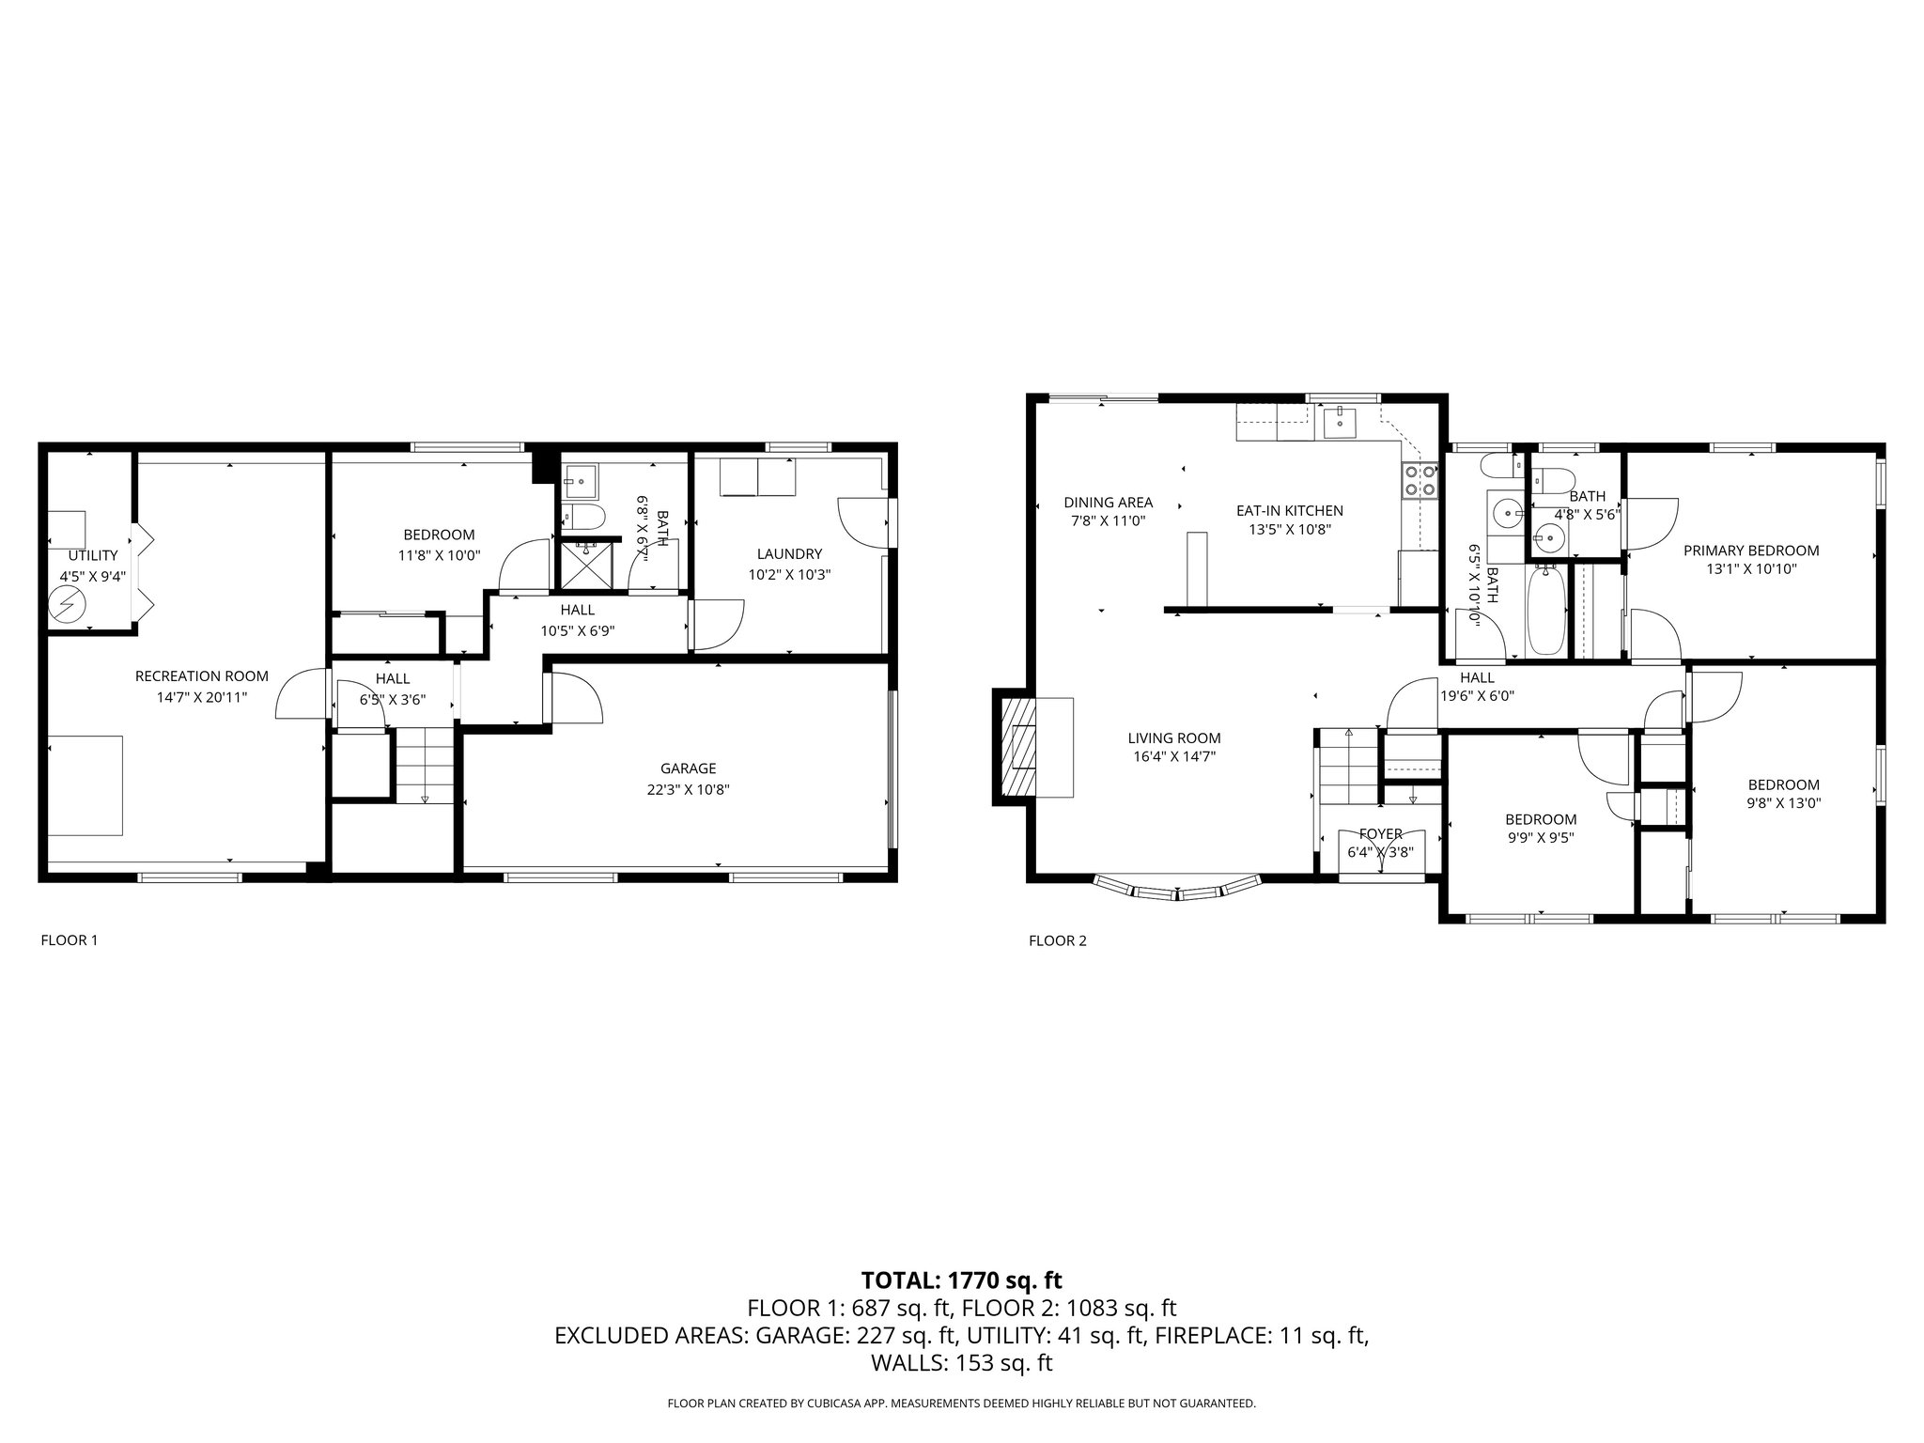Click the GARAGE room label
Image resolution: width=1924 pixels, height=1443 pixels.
click(688, 768)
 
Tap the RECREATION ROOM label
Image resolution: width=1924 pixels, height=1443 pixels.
click(201, 675)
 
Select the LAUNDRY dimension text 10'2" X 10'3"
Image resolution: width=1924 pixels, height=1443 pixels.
click(789, 574)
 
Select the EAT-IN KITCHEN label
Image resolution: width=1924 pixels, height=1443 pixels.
click(1289, 510)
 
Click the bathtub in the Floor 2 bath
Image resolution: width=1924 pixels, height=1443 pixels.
click(1545, 610)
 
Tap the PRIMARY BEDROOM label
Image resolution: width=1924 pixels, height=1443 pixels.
click(1750, 551)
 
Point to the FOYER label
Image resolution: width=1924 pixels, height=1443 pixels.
click(1380, 833)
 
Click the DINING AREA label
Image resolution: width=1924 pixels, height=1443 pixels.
click(1108, 502)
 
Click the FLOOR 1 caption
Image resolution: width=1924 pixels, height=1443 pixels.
click(69, 939)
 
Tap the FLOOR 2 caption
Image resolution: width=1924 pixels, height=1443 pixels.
click(1057, 940)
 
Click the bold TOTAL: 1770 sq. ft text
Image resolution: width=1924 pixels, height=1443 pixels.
click(961, 1280)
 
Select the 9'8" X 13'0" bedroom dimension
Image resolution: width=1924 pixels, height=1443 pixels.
click(1782, 803)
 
